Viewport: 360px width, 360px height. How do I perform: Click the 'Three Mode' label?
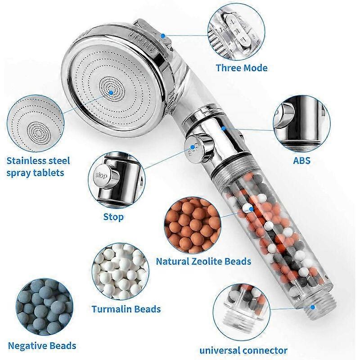[x=241, y=68]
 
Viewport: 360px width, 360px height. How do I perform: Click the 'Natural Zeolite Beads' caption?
[x=203, y=261]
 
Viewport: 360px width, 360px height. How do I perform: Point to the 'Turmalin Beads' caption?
[x=126, y=309]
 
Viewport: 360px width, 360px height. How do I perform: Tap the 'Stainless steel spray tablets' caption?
[x=39, y=166]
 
